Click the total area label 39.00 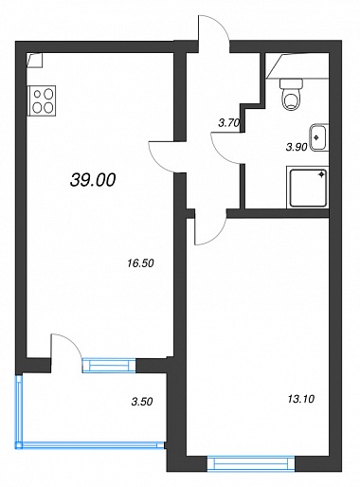point(93,180)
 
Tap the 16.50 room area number point(140,262)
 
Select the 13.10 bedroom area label point(301,399)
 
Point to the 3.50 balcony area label point(142,402)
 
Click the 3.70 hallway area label point(229,122)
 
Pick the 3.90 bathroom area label point(297,147)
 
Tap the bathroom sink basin point(318,137)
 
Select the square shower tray point(308,188)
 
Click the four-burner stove point(43,100)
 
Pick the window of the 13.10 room point(251,464)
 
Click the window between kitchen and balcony point(109,366)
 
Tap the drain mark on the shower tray point(322,174)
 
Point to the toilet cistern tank point(291,83)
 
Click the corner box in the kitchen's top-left point(35,61)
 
